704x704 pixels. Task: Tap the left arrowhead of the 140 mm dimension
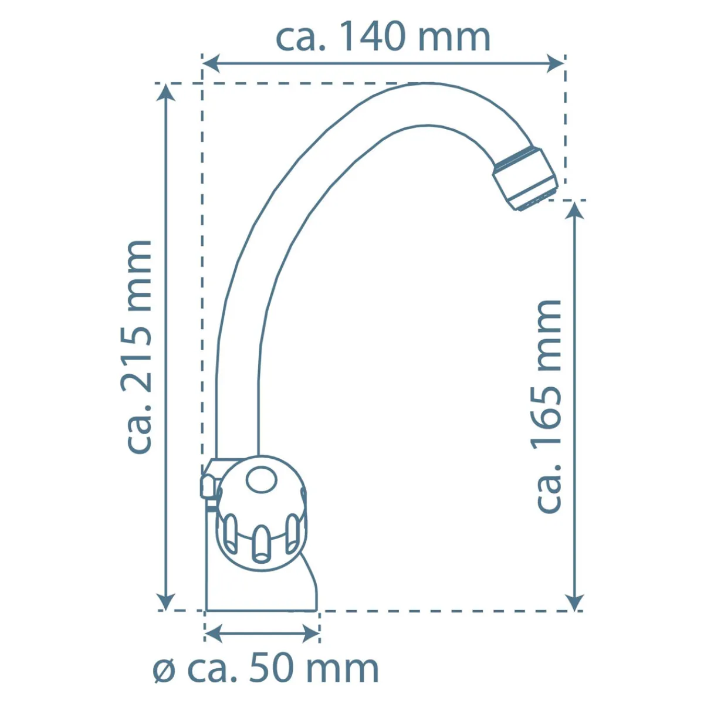tap(211, 63)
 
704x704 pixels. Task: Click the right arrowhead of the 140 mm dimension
tap(554, 63)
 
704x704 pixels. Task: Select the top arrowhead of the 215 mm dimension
tap(165, 92)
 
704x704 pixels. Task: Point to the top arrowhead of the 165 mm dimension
tap(575, 210)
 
